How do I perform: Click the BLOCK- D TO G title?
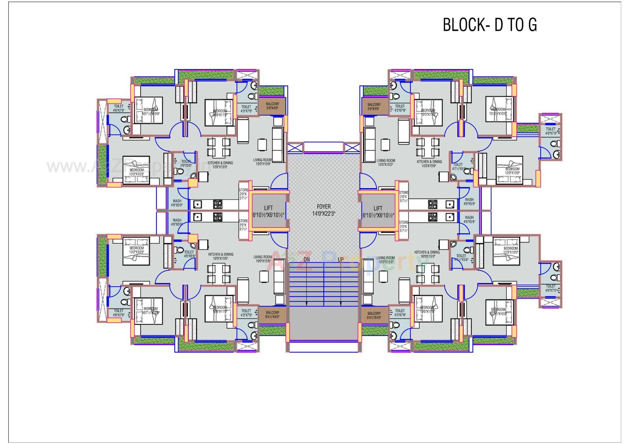coord(490,25)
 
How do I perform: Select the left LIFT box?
coord(268,211)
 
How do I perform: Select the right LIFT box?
coord(378,211)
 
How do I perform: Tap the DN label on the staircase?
coord(307,259)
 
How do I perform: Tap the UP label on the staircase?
coord(341,259)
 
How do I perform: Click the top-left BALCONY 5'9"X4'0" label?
coord(272,106)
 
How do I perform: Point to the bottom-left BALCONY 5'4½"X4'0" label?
coord(272,314)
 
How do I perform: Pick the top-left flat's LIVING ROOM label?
coord(262,162)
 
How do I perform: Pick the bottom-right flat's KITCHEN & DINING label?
coord(427,254)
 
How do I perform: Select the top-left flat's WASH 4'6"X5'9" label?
coord(177,203)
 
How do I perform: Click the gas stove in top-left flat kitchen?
coord(218,204)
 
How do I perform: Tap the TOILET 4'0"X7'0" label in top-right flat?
coord(551,131)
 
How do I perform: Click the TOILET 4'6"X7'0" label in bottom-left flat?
coord(119,313)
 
